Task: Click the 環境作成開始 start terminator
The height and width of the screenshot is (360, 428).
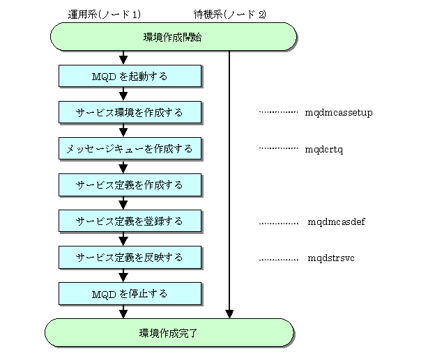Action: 174,37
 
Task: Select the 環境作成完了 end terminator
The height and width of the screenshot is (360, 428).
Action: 169,333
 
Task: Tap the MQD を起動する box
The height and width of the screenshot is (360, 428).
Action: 130,76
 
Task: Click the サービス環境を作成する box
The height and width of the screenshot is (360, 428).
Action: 130,112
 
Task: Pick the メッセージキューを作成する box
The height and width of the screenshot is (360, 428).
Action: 130,148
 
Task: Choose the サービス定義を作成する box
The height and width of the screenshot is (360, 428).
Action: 130,185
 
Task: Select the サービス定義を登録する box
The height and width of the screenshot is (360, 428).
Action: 130,221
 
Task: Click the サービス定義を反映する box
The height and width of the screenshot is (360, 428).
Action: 130,257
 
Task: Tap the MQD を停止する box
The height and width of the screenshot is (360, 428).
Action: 130,293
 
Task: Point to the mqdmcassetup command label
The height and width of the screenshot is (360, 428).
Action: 339,113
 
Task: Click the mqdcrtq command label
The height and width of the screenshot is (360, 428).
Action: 324,150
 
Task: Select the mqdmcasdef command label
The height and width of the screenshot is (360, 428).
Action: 336,221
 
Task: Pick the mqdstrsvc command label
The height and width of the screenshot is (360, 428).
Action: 331,258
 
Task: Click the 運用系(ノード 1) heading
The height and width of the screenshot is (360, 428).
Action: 105,14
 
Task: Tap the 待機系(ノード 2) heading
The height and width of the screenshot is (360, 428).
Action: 230,14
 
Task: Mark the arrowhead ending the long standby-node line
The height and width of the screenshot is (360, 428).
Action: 229,314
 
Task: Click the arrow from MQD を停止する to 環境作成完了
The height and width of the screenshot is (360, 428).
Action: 123,311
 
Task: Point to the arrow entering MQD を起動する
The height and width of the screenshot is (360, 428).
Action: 123,58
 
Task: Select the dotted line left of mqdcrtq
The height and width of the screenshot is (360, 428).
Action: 278,148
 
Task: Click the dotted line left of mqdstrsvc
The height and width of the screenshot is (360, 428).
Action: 278,260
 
